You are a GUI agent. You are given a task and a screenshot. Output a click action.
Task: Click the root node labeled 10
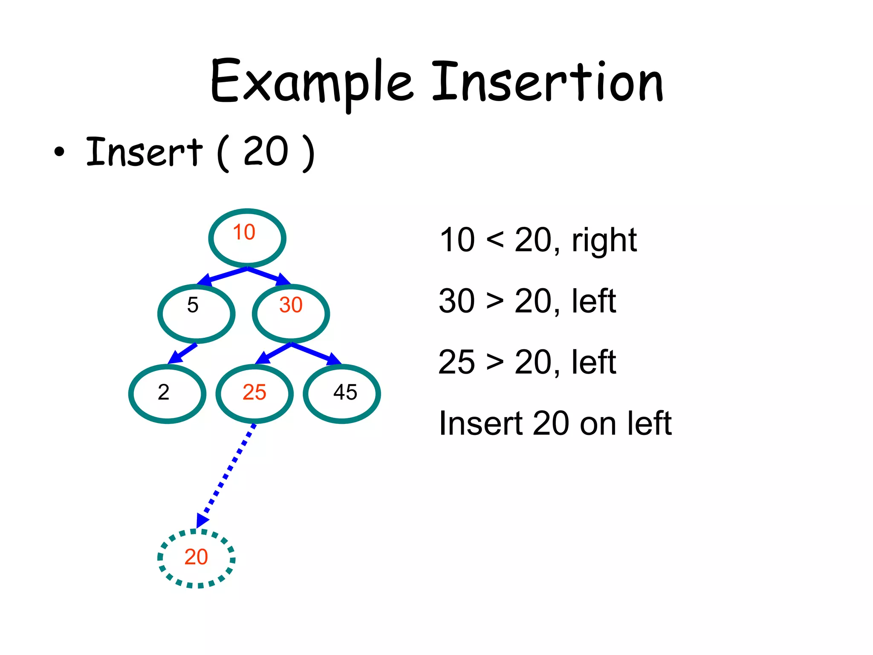pos(247,238)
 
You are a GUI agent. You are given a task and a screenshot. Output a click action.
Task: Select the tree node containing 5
pos(196,313)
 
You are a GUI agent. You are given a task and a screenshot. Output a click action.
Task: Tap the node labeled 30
pos(291,313)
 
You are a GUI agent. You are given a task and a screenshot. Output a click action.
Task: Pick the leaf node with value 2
pos(167,393)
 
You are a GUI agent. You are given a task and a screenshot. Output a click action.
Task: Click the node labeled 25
pos(254,393)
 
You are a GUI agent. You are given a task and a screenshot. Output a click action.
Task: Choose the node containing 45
pos(342,393)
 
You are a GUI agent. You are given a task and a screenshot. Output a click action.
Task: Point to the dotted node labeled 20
pos(197,558)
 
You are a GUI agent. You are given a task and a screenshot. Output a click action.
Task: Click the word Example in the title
pos(312,82)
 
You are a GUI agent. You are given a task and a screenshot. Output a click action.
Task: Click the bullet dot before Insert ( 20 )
pos(60,151)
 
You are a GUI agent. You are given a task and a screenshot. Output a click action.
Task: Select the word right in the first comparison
pos(604,241)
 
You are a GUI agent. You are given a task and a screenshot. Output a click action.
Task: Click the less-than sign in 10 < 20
pos(495,240)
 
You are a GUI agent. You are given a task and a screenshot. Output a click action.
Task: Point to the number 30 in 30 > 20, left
pos(457,301)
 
